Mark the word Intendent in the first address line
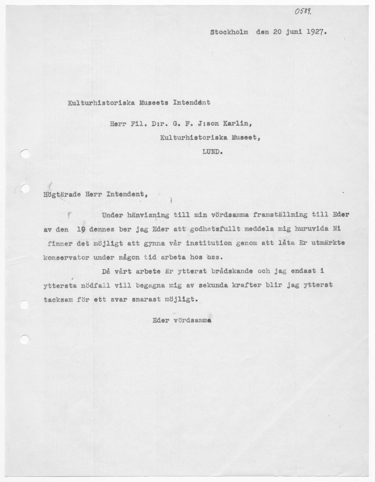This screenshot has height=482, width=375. (192, 102)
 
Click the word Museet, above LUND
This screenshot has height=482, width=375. (244, 138)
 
